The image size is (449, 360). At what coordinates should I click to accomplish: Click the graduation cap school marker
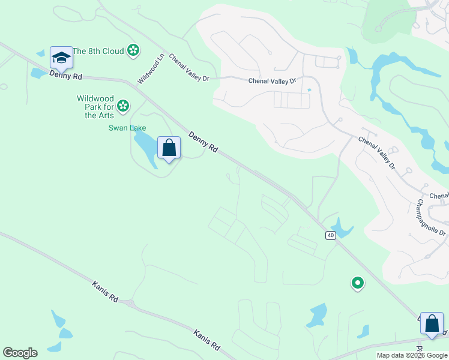click(x=61, y=58)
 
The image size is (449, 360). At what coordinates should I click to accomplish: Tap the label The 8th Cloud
click(x=98, y=51)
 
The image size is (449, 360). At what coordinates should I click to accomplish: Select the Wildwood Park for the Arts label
click(x=95, y=107)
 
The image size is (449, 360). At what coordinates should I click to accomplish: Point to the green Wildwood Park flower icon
click(x=123, y=106)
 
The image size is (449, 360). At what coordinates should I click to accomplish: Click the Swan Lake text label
click(x=127, y=128)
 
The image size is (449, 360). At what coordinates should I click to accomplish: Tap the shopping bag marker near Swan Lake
click(x=169, y=148)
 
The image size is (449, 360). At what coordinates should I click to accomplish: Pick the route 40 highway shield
click(x=331, y=235)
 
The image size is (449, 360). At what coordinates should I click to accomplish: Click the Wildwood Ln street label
click(x=151, y=70)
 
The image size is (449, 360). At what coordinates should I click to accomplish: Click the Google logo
click(x=20, y=353)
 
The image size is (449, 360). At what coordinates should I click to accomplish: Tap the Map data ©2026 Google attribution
click(x=412, y=355)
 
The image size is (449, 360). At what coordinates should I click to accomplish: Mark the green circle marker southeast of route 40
click(x=357, y=282)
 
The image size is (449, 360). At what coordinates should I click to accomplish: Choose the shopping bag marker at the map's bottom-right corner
click(x=432, y=323)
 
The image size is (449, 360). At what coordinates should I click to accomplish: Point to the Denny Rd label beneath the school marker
click(x=65, y=75)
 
